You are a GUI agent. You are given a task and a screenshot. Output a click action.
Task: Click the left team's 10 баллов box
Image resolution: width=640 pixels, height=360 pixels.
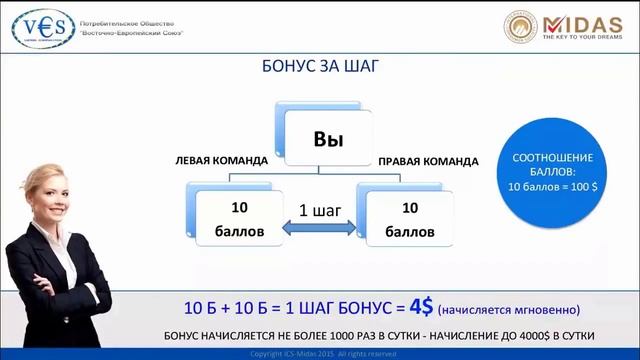[x=239, y=219]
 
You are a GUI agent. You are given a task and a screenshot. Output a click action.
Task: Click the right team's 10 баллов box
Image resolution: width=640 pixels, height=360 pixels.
[x=408, y=219]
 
